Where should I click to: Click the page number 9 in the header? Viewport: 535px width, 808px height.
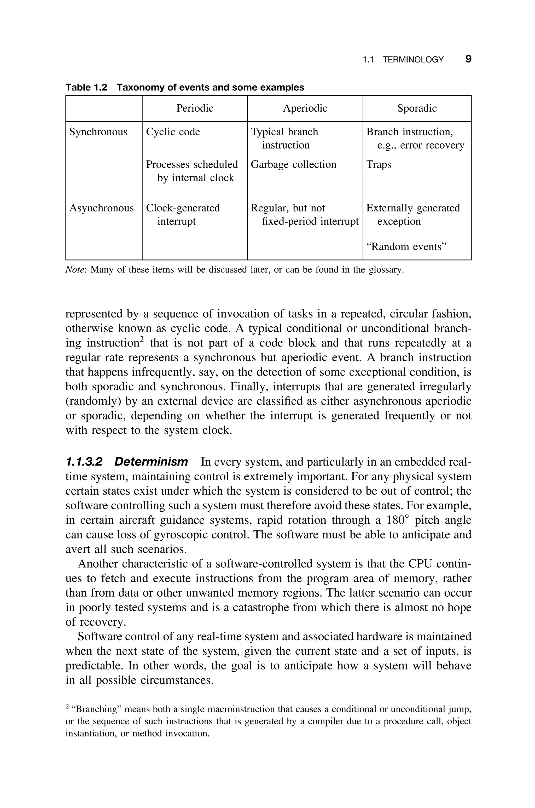(468, 59)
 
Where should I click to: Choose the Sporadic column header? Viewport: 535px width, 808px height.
(417, 108)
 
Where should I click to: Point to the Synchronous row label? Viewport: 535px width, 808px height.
(98, 132)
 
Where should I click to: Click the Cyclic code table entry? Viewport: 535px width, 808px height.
(173, 132)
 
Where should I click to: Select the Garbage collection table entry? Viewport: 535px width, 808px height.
(293, 164)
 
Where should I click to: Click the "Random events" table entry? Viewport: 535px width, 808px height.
(406, 246)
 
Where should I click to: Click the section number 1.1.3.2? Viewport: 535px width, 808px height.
(84, 462)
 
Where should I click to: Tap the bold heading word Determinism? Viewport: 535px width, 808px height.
(151, 462)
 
